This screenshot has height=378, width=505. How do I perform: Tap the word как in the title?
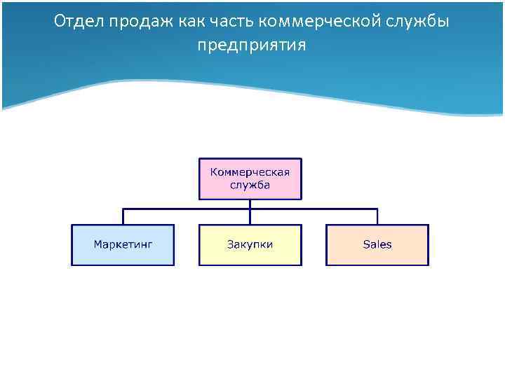pos(188,22)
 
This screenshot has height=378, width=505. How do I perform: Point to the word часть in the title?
pos(231,22)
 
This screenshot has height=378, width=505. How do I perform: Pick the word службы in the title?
pos(418,22)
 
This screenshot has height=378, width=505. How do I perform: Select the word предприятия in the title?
pos(252,45)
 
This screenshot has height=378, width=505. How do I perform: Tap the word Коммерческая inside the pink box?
pos(250,172)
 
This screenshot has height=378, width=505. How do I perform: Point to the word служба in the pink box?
pos(250,185)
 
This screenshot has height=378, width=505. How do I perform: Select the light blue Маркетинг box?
pos(123,245)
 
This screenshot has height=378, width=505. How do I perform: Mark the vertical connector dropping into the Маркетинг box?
pos(123,216)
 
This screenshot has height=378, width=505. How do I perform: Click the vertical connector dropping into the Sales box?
pos(377,216)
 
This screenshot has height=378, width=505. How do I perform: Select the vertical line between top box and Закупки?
pos(250,212)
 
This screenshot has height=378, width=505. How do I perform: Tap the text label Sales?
pos(377,244)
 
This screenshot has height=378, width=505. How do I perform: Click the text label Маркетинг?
pos(123,244)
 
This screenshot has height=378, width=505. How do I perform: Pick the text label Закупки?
pos(250,244)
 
